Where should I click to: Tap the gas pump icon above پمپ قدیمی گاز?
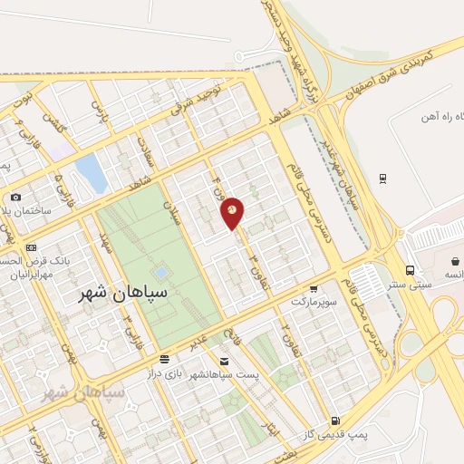point(335,420)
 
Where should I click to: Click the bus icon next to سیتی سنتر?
point(411,270)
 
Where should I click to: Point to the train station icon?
point(383,178)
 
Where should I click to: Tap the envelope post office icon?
point(223,362)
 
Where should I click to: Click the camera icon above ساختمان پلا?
point(15,198)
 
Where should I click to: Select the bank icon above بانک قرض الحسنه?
point(31,247)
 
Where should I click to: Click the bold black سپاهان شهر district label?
point(112,295)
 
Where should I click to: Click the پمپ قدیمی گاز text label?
point(358,436)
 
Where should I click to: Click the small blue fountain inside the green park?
point(160,271)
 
